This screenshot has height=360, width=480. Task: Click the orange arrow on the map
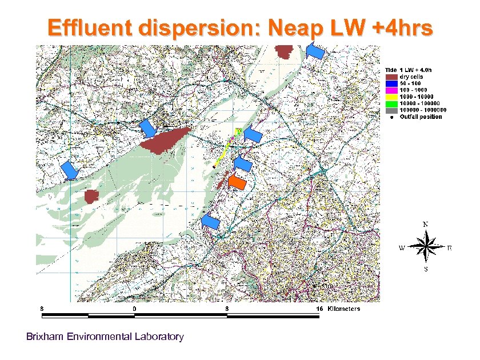(237, 182)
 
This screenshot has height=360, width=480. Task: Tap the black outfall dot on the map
(213, 166)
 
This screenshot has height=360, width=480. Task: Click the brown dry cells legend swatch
(391, 76)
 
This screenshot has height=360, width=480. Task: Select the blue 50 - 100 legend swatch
(391, 83)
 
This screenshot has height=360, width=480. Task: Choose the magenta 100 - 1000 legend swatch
(391, 90)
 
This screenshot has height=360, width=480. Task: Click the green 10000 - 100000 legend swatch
(391, 103)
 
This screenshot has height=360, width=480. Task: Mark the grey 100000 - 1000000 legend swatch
(391, 110)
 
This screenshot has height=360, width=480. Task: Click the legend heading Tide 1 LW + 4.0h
(411, 69)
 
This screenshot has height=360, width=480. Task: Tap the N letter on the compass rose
(425, 225)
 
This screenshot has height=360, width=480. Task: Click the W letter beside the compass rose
(402, 249)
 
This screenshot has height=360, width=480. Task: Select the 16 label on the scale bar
(320, 309)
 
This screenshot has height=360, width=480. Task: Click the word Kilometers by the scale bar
(344, 309)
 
